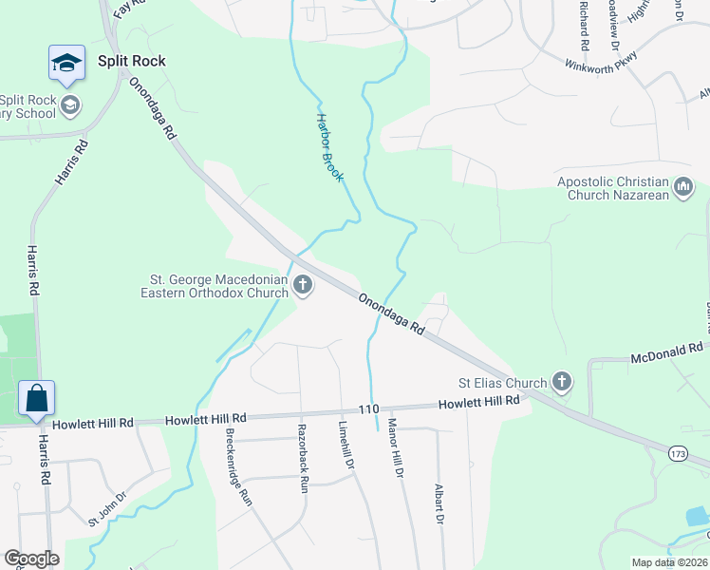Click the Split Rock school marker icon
point(67,63)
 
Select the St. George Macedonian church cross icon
point(303,284)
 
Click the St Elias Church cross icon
point(562,383)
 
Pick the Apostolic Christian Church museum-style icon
point(683,188)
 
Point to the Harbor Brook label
point(329,148)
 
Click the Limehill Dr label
point(346,446)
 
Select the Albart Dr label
point(439,502)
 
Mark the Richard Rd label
point(584,26)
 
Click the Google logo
point(31,559)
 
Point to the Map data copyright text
point(668,562)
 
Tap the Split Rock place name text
point(131,61)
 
